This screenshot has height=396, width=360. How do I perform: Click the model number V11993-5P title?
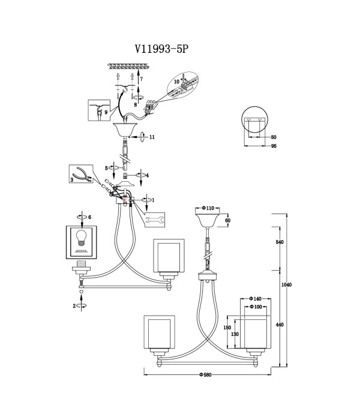coord(161,49)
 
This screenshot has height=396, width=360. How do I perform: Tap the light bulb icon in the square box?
coord(81,238)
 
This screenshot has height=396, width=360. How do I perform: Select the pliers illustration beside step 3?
coord(82,174)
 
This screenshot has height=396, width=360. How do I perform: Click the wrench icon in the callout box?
coord(155,220)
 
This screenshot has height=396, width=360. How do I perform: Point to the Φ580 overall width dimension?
coord(205,375)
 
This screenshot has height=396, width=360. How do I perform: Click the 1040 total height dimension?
coord(286,284)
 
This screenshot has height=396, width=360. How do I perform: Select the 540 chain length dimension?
coord(280,242)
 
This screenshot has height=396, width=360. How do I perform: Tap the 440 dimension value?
coord(280,325)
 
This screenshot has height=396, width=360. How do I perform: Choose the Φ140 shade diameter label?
coord(255,299)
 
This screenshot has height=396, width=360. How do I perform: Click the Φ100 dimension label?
coord(256,307)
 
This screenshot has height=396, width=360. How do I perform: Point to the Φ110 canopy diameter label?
coord(208,208)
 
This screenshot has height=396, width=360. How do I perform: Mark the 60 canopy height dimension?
coord(227,220)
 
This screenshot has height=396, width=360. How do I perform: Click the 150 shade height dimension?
coord(227,328)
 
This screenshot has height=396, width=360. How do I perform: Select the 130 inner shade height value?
coord(235,334)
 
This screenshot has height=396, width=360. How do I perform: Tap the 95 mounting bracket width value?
coord(274,146)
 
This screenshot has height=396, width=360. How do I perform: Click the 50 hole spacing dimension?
coord(274,137)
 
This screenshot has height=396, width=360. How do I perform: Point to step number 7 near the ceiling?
coord(142,79)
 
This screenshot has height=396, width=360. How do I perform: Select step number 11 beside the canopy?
coord(152,137)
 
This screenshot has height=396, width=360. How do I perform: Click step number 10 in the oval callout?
coord(176,82)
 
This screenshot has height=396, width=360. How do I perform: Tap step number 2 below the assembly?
coord(74,306)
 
